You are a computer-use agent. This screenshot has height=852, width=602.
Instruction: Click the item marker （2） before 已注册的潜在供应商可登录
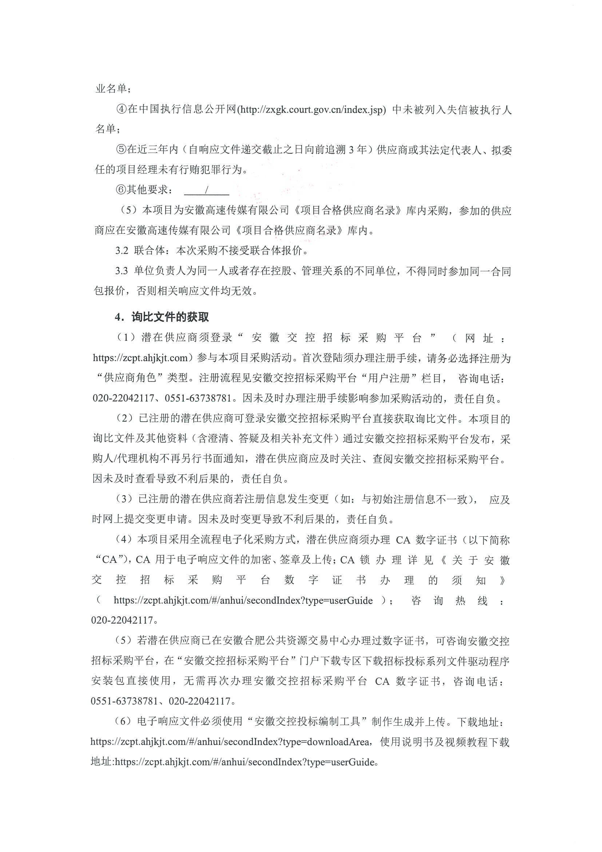tap(124, 419)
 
